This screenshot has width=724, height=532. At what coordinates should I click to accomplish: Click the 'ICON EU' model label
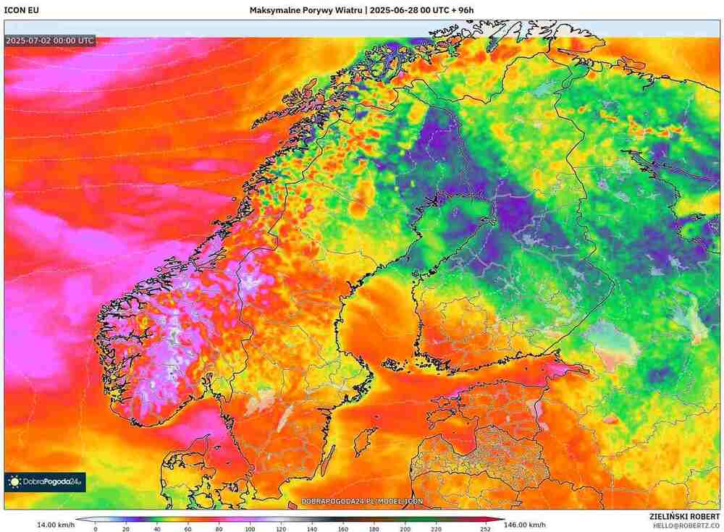pyautogui.click(x=20, y=10)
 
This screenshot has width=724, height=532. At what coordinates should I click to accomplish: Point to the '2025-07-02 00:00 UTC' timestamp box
pyautogui.click(x=49, y=41)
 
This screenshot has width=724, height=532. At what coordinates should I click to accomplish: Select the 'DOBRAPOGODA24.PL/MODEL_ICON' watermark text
pyautogui.click(x=362, y=501)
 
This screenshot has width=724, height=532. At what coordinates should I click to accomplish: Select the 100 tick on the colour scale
pyautogui.click(x=251, y=528)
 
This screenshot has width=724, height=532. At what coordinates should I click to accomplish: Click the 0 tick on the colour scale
pyautogui.click(x=96, y=528)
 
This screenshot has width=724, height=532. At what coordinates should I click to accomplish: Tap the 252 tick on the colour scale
pyautogui.click(x=485, y=528)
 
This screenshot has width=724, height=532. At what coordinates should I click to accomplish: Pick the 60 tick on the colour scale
pyautogui.click(x=188, y=528)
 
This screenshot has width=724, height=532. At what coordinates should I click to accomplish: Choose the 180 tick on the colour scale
pyautogui.click(x=374, y=528)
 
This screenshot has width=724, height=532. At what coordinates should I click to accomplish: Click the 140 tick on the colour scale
pyautogui.click(x=312, y=528)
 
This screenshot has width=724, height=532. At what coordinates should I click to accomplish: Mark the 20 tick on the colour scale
pyautogui.click(x=126, y=528)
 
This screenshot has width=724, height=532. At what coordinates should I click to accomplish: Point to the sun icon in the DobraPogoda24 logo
pyautogui.click(x=14, y=481)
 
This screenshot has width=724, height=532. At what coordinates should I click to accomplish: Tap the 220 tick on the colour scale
pyautogui.click(x=436, y=528)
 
